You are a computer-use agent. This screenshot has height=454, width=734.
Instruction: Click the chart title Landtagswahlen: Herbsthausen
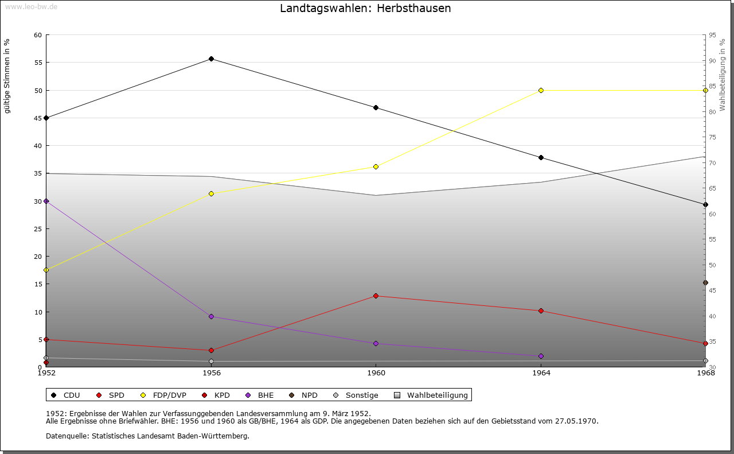[365, 9]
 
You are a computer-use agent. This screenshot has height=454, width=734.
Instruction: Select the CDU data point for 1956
[212, 59]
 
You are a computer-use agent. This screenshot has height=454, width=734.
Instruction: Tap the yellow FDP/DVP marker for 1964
[541, 90]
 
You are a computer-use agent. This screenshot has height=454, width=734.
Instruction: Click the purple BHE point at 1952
[46, 201]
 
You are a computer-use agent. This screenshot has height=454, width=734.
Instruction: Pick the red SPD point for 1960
[376, 296]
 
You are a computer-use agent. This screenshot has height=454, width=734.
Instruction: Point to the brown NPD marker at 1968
[705, 282]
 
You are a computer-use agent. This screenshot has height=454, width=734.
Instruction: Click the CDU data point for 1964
[541, 157]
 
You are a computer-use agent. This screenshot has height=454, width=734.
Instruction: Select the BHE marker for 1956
[212, 316]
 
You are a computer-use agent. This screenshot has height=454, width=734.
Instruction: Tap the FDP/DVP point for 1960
[376, 166]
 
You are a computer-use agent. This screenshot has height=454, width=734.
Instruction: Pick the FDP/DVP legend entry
[164, 395]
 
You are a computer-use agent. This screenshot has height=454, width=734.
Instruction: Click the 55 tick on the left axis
[38, 63]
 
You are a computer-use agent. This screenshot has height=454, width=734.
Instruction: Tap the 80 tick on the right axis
[712, 111]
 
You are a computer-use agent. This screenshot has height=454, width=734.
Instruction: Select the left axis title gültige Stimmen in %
[7, 76]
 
